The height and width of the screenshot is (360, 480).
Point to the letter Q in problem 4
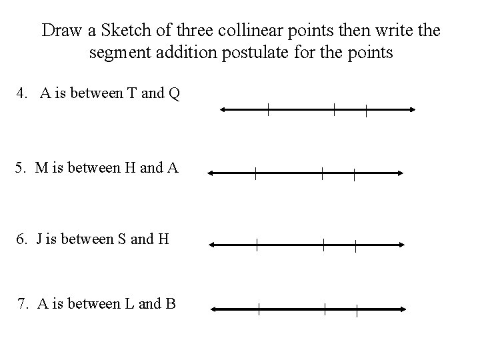click(174, 94)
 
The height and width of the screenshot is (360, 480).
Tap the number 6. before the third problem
click(24, 239)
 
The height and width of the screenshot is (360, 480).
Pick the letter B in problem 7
click(170, 304)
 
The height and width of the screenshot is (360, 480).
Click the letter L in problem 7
click(127, 304)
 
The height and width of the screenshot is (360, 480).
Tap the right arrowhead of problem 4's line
click(413, 111)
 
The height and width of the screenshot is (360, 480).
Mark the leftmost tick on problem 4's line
click(268, 111)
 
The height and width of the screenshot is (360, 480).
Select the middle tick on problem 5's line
click(322, 173)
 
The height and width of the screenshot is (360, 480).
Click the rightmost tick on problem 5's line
click(354, 173)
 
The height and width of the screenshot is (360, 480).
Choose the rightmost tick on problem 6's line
click(355, 245)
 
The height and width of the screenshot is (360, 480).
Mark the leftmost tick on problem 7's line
click(259, 309)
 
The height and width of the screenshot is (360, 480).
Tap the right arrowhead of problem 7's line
click(404, 309)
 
